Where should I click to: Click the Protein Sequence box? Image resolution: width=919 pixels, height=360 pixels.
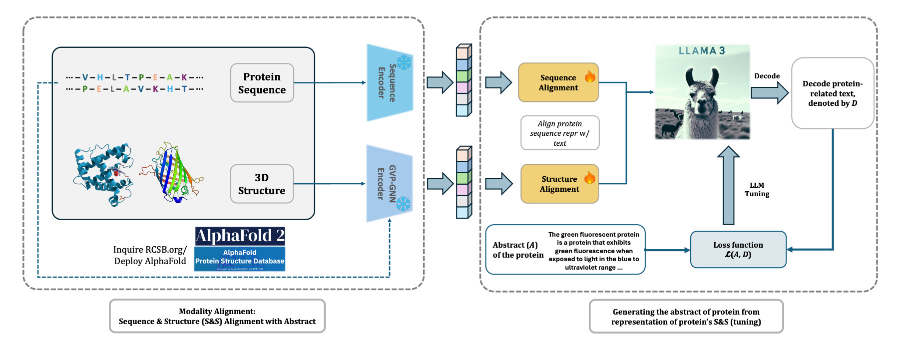[x=262, y=83]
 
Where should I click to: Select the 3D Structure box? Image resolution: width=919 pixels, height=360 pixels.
[x=262, y=184]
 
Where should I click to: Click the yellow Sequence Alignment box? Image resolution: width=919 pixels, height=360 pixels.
[x=558, y=83]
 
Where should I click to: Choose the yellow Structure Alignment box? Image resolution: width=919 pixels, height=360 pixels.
[x=559, y=184]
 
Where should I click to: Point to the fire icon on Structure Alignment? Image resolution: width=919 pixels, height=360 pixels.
[x=590, y=177]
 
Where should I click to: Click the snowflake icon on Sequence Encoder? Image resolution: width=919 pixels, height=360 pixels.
[x=404, y=62]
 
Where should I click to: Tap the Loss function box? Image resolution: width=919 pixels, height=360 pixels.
[x=738, y=250]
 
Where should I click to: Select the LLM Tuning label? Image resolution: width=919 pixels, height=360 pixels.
[x=757, y=190]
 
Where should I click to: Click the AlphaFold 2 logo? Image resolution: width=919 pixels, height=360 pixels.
[x=240, y=236]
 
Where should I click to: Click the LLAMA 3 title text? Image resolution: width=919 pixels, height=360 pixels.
[x=702, y=51]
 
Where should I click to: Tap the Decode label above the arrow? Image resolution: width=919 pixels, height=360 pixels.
[x=767, y=76]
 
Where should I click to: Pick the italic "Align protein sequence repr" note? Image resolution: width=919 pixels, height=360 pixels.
[x=560, y=133]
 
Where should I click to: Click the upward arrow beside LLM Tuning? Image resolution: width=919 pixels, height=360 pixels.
[x=728, y=185]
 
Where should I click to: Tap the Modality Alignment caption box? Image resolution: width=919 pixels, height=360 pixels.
[x=217, y=316]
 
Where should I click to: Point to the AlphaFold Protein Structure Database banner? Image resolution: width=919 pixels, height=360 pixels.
[x=240, y=259]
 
